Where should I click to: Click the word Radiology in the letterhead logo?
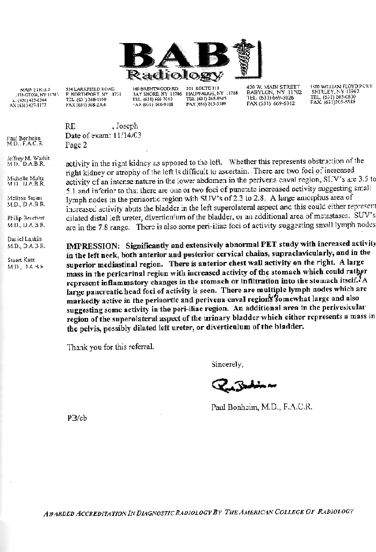tap(173, 74)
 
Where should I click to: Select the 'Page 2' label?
tap(76, 145)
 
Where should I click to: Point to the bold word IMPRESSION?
tap(89, 244)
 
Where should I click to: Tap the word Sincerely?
tap(227, 364)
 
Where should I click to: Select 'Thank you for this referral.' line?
tap(111, 347)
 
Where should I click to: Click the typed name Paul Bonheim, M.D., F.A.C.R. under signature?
tap(262, 407)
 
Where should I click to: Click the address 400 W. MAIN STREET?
tap(273, 87)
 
